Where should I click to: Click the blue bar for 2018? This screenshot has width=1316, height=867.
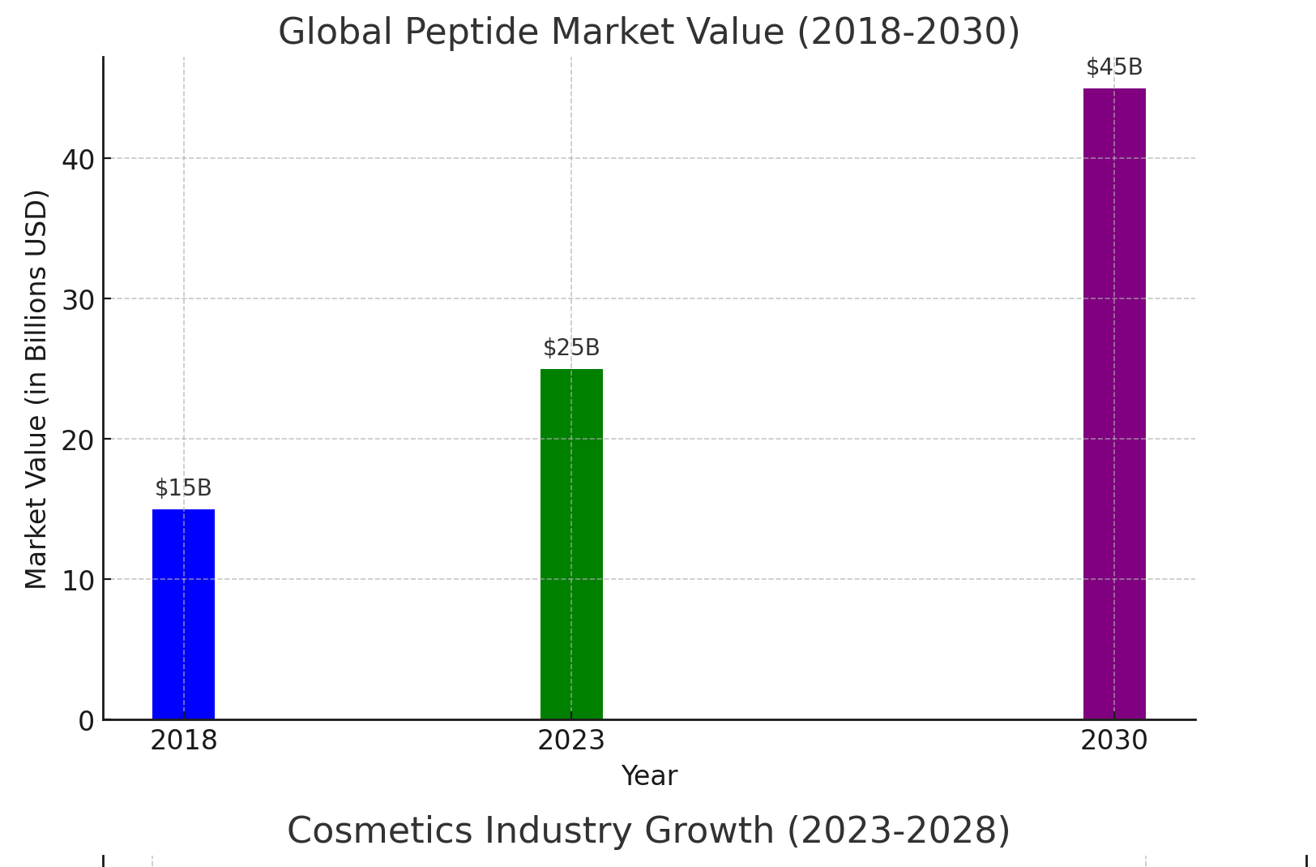[183, 614]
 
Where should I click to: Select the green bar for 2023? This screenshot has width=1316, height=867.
[571, 543]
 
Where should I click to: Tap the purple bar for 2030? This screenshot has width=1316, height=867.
[1114, 403]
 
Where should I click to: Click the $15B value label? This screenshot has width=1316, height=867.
[183, 488]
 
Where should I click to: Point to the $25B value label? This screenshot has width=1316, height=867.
[571, 348]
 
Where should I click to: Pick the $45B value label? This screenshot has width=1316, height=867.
[1114, 67]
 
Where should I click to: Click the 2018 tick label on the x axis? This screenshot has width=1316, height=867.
[183, 740]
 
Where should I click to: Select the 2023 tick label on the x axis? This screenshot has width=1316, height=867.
[571, 740]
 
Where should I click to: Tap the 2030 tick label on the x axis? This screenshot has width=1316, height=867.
[1114, 740]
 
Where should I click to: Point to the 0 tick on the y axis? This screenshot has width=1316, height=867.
[86, 721]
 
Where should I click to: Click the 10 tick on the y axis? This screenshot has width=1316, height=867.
[78, 581]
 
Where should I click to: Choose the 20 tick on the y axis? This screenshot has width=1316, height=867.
[78, 440]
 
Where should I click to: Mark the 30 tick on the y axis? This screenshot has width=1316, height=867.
[78, 300]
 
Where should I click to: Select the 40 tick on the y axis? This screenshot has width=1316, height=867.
[78, 160]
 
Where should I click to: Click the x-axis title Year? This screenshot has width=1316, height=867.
[649, 776]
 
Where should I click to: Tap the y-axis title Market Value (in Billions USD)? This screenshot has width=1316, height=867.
[36, 389]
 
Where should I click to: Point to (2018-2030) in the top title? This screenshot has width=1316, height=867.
[908, 32]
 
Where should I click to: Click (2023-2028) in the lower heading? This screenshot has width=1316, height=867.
[899, 831]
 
